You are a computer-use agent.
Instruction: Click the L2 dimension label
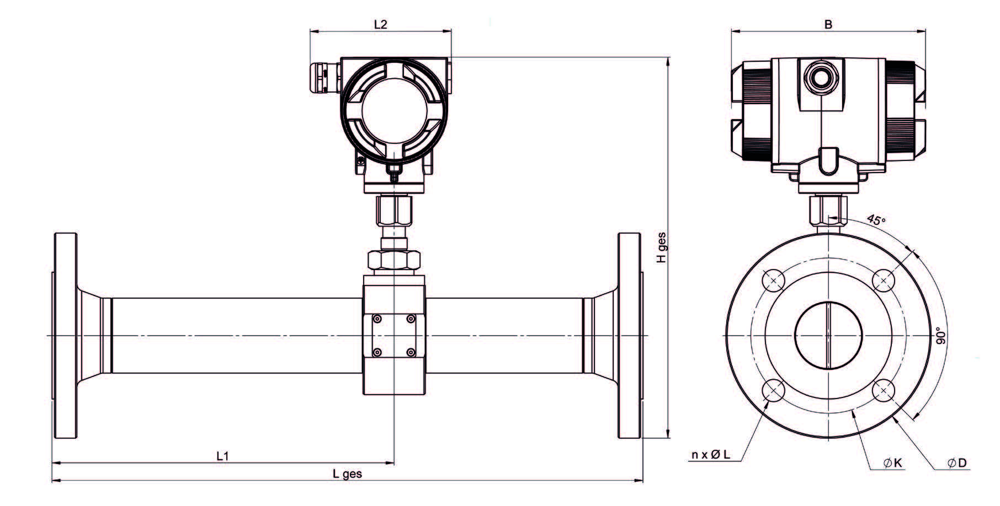(x=381, y=24)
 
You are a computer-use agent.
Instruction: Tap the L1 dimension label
(x=222, y=456)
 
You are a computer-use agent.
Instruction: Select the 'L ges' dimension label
(x=347, y=473)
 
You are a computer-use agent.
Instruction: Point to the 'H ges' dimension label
(x=662, y=247)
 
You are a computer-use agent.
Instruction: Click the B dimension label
(x=828, y=24)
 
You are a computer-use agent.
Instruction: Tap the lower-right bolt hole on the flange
(x=884, y=391)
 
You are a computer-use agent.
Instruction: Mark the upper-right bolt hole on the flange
(x=884, y=281)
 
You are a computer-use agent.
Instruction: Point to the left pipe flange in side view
(x=65, y=336)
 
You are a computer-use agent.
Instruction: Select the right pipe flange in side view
(x=630, y=336)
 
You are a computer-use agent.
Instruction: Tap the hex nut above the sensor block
(x=394, y=259)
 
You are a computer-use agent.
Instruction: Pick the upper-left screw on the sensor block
(x=377, y=319)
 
